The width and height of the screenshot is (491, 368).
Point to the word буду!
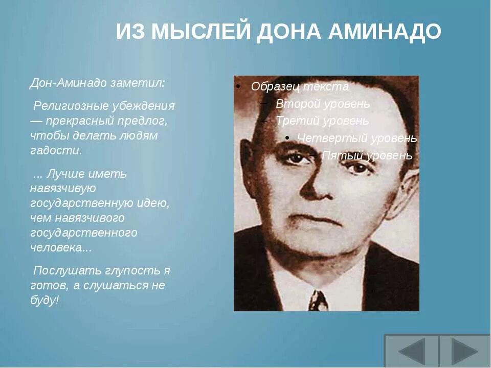click(45, 300)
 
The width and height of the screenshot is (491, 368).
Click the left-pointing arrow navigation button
click(411, 351)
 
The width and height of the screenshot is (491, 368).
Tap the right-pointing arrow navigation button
click(464, 351)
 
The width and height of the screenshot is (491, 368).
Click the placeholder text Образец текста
click(300, 87)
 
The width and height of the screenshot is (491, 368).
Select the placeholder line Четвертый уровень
click(357, 138)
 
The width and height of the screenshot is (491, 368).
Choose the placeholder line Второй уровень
click(322, 104)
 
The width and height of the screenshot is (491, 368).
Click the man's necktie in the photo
click(318, 301)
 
